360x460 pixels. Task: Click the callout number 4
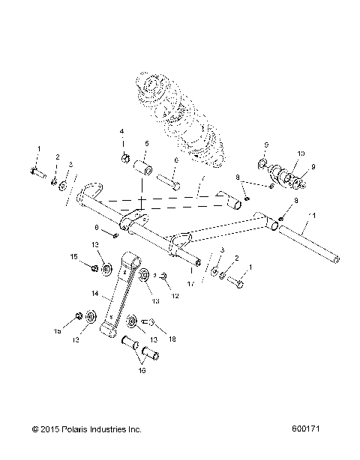[x=121, y=133]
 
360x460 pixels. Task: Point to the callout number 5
[x=147, y=143]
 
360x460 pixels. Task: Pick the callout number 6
[x=175, y=160]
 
